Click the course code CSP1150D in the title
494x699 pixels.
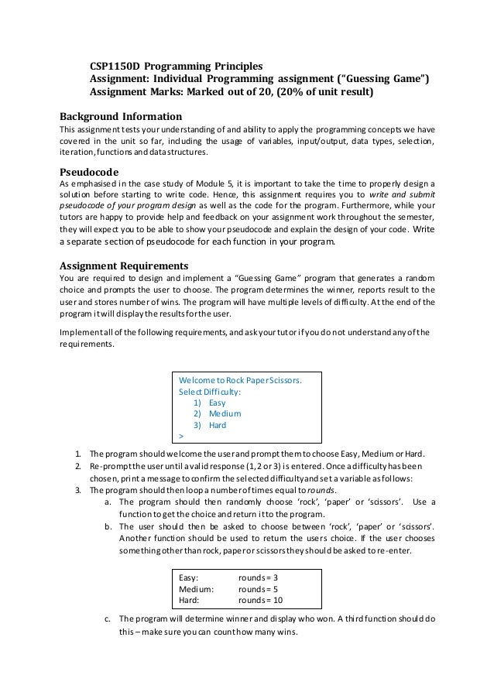[118, 66]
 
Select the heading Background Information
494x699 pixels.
[117, 115]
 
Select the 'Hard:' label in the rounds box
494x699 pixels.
[190, 599]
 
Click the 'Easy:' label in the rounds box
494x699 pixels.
[190, 577]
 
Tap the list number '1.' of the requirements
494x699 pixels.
[78, 453]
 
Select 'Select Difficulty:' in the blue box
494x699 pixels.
[210, 392]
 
